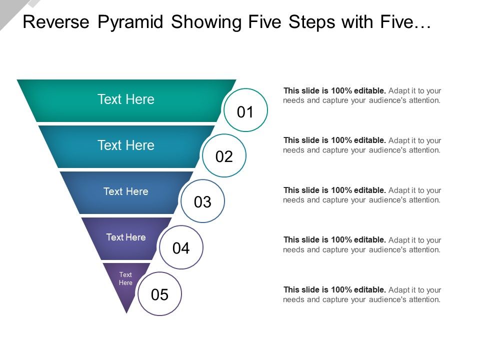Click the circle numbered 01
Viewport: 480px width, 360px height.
click(245, 110)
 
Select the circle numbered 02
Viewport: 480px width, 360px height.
click(224, 156)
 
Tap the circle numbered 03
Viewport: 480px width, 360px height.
click(202, 201)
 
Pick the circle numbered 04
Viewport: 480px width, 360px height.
click(181, 247)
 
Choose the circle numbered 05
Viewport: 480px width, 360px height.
click(159, 294)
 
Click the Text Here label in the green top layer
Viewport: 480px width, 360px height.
click(126, 99)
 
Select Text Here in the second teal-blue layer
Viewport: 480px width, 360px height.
click(126, 145)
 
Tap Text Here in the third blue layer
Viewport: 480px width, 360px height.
click(126, 191)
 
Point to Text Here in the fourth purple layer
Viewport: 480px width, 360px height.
click(126, 237)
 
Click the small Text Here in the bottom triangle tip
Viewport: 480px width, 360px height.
click(125, 278)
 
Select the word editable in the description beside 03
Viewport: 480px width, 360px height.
click(370, 190)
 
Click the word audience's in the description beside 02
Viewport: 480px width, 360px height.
click(391, 150)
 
